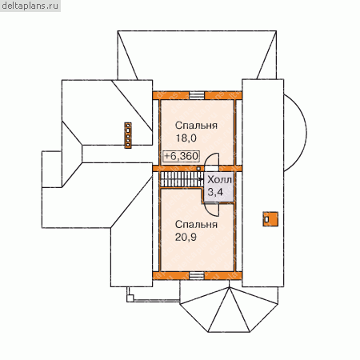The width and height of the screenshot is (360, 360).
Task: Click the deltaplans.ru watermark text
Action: (30, 6)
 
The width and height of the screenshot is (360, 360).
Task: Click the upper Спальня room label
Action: (196, 126)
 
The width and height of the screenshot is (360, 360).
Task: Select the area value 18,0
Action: (186, 138)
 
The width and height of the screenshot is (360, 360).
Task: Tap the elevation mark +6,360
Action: (182, 156)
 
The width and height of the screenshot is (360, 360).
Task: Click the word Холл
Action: (219, 180)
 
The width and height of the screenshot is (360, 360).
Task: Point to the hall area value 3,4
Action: (215, 192)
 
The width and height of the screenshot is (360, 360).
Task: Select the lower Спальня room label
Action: (196, 225)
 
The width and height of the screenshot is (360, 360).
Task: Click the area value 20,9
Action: (186, 237)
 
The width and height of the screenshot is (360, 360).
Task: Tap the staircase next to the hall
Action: (182, 179)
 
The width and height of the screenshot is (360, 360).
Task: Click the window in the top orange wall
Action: (197, 95)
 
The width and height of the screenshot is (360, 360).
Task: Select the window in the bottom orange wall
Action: (198, 275)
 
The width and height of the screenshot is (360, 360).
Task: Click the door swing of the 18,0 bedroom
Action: (211, 159)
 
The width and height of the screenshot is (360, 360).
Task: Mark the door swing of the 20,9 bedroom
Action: (211, 210)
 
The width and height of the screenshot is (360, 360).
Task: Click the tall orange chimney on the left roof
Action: (128, 135)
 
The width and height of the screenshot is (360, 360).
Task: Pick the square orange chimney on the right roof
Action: (270, 219)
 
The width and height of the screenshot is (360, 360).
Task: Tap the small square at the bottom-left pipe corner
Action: (130, 298)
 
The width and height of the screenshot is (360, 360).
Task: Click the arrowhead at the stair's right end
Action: (201, 179)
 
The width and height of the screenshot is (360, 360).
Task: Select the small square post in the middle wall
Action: (198, 168)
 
